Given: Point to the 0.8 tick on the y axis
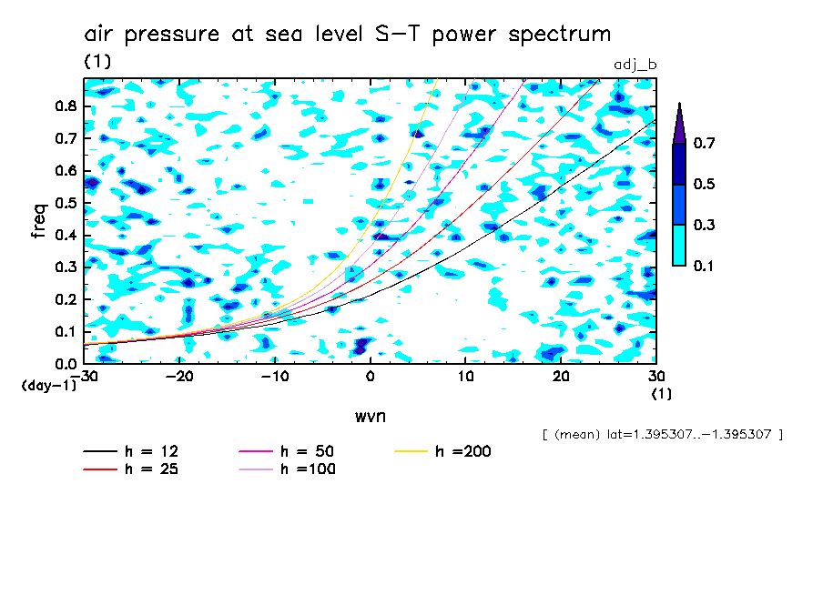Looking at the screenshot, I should tap(65, 106).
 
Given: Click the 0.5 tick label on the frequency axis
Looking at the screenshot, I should tap(65, 203).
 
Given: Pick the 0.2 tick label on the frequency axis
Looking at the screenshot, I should tap(65, 299).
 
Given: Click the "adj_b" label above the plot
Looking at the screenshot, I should tap(635, 65).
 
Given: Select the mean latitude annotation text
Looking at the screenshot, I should tap(662, 435).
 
